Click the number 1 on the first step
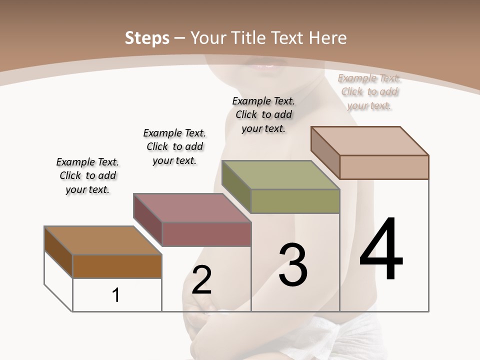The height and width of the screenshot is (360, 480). pyautogui.click(x=116, y=295)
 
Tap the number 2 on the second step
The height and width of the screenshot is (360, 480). pyautogui.click(x=201, y=280)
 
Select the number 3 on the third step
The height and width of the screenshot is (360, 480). pyautogui.click(x=292, y=265)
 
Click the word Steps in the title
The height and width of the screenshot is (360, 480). pyautogui.click(x=147, y=38)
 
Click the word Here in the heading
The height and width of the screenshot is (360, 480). pyautogui.click(x=328, y=38)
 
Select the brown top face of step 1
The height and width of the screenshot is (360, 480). pyautogui.click(x=102, y=240)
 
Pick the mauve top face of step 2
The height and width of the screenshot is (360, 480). pyautogui.click(x=191, y=208)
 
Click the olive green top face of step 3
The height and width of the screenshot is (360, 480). pyautogui.click(x=280, y=175)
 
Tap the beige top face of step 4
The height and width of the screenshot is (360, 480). pyautogui.click(x=369, y=141)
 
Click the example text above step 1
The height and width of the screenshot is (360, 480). pyautogui.click(x=87, y=175)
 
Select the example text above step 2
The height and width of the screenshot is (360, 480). pyautogui.click(x=174, y=146)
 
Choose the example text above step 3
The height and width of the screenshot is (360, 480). pyautogui.click(x=263, y=114)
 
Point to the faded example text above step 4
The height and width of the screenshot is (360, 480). pyautogui.click(x=369, y=91)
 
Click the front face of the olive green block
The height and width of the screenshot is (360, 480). pyautogui.click(x=295, y=201)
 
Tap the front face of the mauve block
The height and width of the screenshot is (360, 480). pyautogui.click(x=206, y=234)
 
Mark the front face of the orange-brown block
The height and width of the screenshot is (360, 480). pyautogui.click(x=117, y=266)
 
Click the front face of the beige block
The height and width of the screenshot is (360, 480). pyautogui.click(x=384, y=167)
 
